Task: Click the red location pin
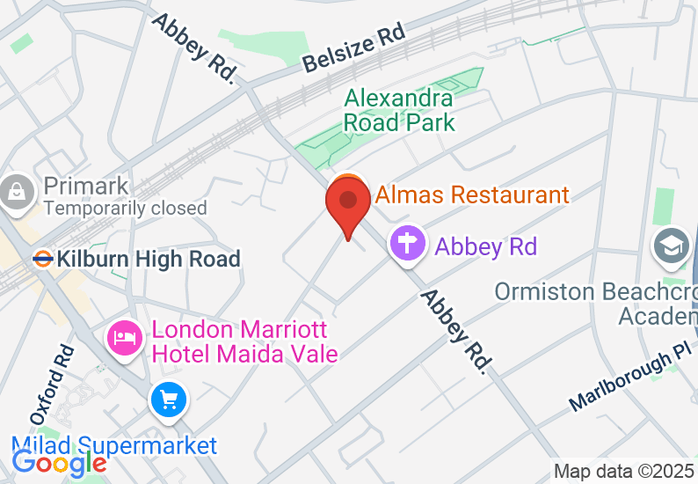click(348, 203)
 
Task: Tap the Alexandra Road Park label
click(398, 110)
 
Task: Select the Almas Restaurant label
click(472, 194)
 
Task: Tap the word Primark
click(86, 187)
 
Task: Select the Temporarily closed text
click(125, 209)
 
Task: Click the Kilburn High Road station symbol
click(40, 259)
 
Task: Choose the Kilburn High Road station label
click(149, 259)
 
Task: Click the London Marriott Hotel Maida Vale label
click(244, 341)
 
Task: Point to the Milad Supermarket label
click(114, 445)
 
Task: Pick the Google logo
click(60, 462)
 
